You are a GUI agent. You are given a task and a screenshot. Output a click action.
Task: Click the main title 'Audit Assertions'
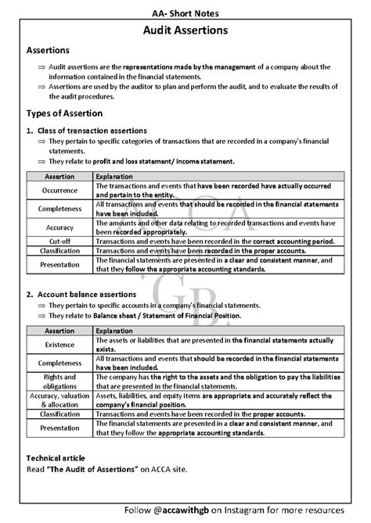(185, 30)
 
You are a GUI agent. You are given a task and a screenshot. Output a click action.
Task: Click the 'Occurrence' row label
(60, 191)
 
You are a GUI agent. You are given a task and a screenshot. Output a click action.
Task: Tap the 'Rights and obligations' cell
(60, 382)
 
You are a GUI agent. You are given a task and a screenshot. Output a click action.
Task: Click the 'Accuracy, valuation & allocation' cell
(60, 400)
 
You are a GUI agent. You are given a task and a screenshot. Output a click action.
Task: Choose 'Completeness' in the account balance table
(60, 364)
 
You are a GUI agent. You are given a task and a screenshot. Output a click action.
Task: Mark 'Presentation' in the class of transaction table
(60, 265)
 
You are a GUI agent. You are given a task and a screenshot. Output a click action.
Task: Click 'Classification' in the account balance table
(60, 414)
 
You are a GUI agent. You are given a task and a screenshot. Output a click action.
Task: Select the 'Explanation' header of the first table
(113, 177)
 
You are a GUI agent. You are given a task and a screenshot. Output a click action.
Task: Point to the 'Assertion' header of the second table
(60, 331)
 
